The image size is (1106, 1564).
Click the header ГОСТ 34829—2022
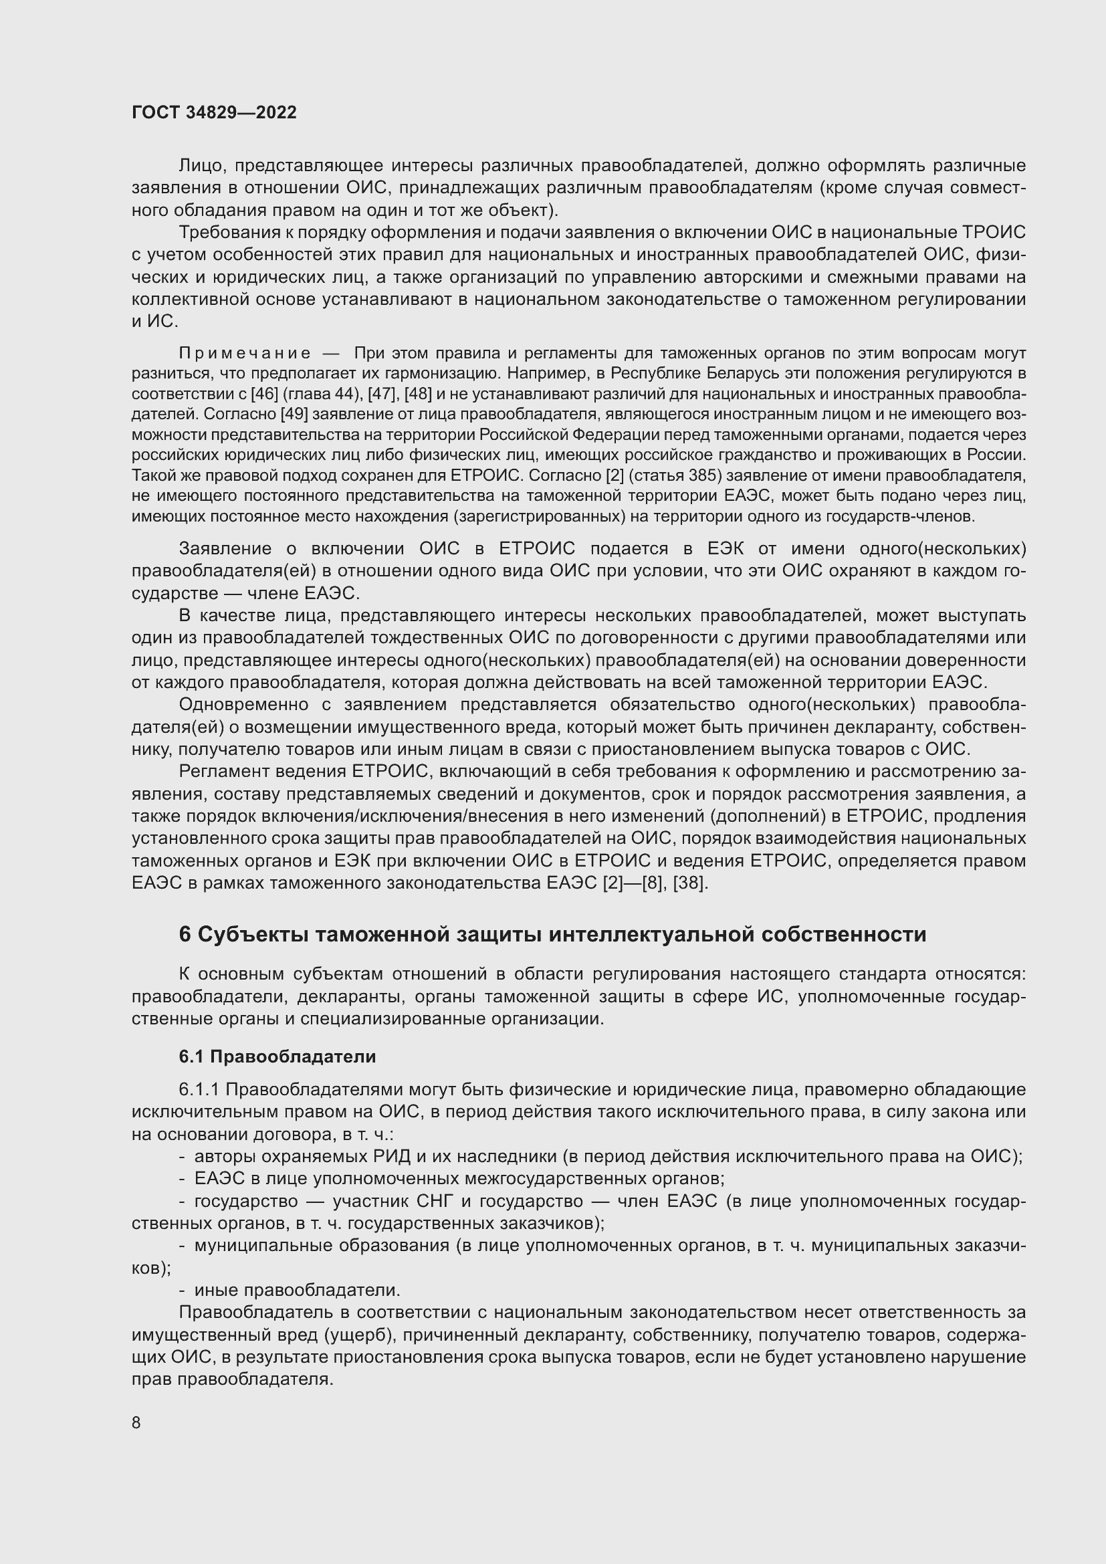[214, 113]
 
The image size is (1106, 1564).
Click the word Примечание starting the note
[245, 353]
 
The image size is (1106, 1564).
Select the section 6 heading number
[185, 935]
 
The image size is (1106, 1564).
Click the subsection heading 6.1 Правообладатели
[278, 1056]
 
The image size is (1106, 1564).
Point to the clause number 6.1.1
[199, 1090]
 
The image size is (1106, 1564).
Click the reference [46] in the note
[262, 394]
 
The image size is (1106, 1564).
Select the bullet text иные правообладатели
[297, 1290]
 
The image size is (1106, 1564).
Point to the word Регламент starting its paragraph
[221, 772]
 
